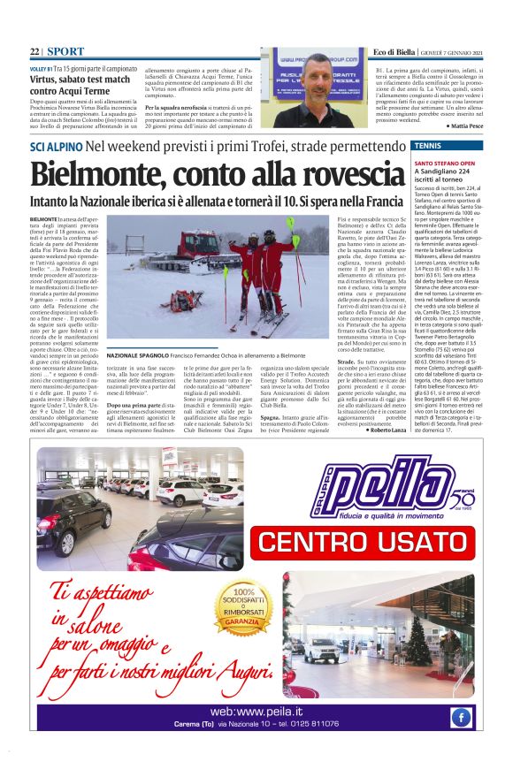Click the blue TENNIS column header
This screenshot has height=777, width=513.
click(431, 145)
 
